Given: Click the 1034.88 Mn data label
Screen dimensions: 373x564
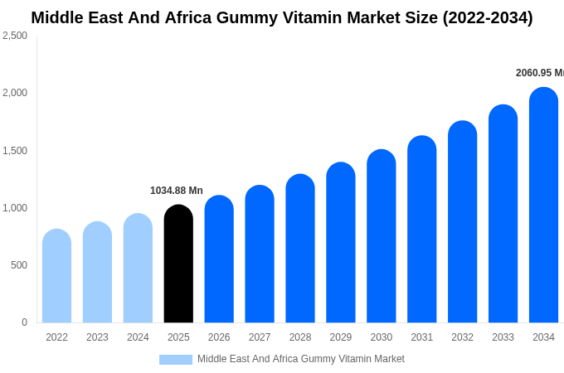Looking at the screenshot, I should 176,191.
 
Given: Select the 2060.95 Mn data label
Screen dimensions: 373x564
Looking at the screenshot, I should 539,73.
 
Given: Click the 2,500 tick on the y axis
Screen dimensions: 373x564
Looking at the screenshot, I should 15,36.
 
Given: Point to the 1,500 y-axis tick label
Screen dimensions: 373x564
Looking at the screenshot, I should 15,151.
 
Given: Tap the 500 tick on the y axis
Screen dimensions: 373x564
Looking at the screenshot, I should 18,265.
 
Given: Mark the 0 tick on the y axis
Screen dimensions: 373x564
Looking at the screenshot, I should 24,322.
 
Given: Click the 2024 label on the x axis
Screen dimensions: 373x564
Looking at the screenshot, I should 138,337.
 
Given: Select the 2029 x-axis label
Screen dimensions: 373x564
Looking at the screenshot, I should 341,337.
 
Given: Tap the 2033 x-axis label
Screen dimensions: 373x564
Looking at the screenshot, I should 503,337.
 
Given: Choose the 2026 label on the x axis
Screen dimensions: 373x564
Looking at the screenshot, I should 219,337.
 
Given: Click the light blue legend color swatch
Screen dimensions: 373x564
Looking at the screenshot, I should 176,360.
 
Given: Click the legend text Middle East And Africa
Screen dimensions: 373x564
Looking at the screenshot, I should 249,359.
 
